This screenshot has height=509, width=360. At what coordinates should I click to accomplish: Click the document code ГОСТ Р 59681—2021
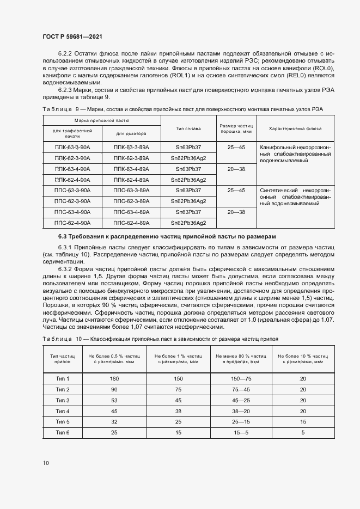click(x=72, y=36)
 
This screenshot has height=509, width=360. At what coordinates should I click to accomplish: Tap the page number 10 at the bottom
click(x=45, y=463)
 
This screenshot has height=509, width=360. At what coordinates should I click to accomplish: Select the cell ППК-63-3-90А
click(x=72, y=148)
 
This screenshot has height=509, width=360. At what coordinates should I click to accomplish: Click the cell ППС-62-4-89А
click(x=131, y=223)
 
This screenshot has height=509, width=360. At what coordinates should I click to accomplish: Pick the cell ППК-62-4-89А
click(x=131, y=180)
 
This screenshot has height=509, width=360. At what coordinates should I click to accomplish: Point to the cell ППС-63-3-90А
click(x=72, y=191)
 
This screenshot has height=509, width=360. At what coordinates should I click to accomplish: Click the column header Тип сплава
click(x=188, y=128)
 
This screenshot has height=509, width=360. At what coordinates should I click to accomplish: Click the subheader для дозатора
click(x=131, y=133)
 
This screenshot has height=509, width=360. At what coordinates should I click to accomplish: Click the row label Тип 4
click(x=63, y=411)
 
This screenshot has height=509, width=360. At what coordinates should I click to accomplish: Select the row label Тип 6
click(x=63, y=432)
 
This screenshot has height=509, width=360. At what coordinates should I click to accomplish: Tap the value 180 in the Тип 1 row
click(x=114, y=378)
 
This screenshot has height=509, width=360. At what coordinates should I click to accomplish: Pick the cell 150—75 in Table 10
click(x=240, y=378)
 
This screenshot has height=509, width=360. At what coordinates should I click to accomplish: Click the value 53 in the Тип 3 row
click(x=114, y=400)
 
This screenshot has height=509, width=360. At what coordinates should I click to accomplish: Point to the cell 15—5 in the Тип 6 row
click(x=240, y=432)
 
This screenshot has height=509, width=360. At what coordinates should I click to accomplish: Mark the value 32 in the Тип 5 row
click(x=114, y=421)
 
